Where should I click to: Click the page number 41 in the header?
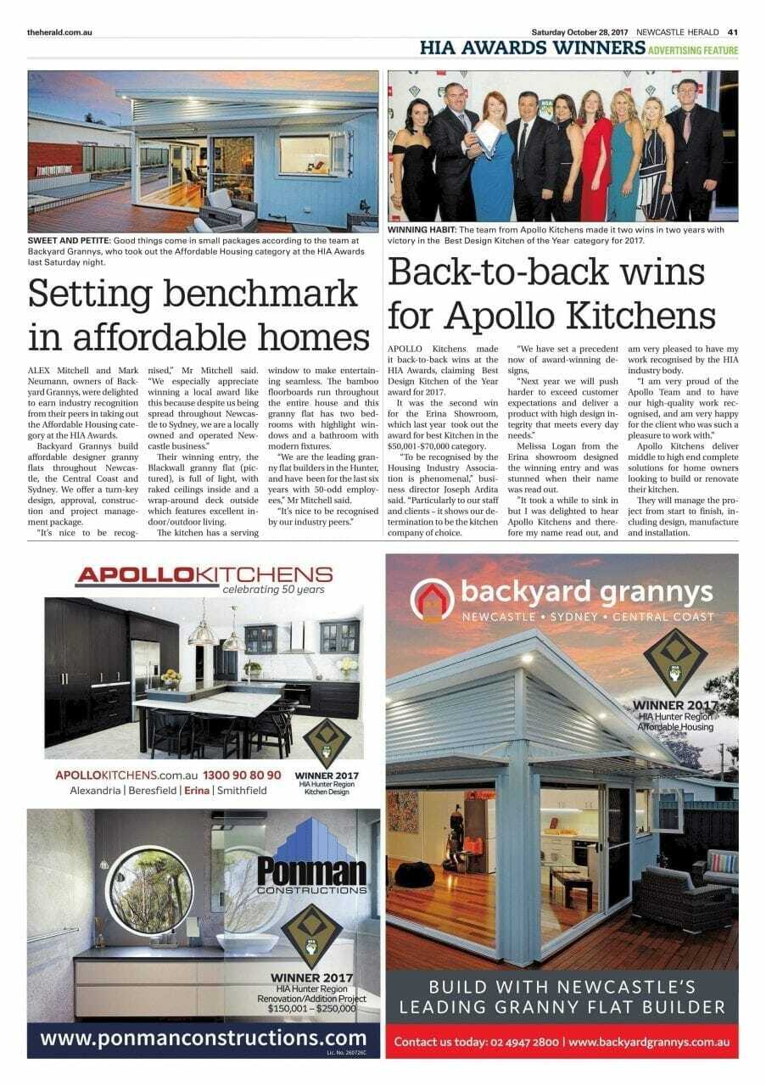point(733,31)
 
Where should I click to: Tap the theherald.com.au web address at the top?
point(59,31)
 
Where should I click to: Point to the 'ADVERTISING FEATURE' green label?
point(693,51)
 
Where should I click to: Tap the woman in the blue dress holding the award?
point(493,161)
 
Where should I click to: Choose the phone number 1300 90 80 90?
point(243,775)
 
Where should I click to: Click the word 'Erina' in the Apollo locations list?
point(197,790)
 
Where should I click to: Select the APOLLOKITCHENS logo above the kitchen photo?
point(203,576)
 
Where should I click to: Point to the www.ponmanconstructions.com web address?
point(204,1038)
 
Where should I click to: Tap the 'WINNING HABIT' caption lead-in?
point(421,230)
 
